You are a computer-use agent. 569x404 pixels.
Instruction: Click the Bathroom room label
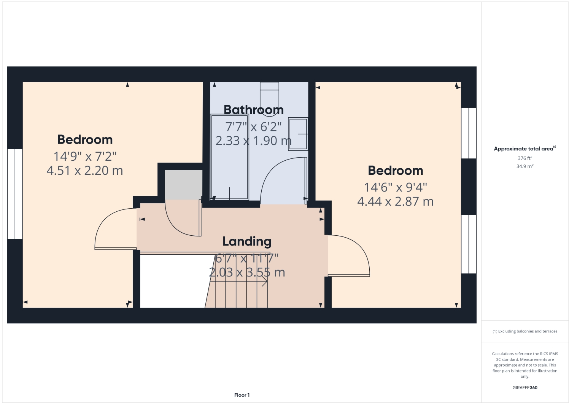click(x=254, y=110)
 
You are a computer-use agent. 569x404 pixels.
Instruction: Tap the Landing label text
click(x=247, y=241)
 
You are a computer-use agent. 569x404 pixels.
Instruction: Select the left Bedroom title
click(x=85, y=140)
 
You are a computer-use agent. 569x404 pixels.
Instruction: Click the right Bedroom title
click(x=396, y=171)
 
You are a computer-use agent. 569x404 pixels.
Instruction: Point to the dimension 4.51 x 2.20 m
click(x=85, y=171)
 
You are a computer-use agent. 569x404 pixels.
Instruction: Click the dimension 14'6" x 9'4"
click(x=396, y=187)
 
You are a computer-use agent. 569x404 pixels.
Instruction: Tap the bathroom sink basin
click(x=298, y=134)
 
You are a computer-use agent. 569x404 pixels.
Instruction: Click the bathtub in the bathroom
click(x=230, y=157)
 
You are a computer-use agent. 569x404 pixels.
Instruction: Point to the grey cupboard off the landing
click(x=183, y=185)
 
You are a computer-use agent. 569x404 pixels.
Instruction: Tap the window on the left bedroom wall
click(x=15, y=194)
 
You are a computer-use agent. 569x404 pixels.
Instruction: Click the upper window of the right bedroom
click(x=469, y=133)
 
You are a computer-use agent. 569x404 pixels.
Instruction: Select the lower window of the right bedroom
click(x=469, y=244)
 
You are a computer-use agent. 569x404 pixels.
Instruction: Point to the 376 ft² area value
click(x=525, y=158)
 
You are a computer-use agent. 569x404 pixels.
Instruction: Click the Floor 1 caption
click(x=242, y=395)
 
